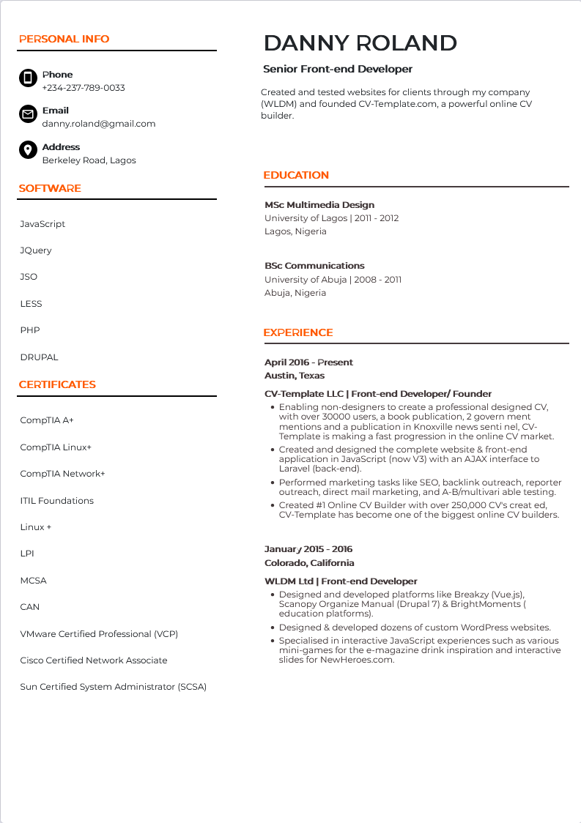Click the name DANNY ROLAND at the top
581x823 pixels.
click(360, 43)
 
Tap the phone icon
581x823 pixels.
click(28, 78)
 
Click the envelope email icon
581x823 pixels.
click(28, 114)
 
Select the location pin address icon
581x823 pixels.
click(28, 150)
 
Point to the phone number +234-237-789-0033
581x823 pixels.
click(84, 88)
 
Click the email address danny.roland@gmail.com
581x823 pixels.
click(99, 124)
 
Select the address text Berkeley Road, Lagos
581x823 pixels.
click(89, 160)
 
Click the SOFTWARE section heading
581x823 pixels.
click(50, 188)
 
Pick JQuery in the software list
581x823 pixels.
click(36, 250)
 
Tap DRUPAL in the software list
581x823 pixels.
click(39, 357)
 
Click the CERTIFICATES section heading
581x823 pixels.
click(57, 384)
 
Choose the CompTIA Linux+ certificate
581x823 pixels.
click(56, 447)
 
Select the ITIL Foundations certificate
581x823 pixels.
click(57, 501)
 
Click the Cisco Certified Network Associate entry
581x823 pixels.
click(94, 660)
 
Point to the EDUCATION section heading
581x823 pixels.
click(296, 175)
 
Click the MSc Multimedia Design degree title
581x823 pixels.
click(319, 205)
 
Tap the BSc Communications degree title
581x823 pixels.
click(314, 266)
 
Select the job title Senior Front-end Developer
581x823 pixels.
click(338, 69)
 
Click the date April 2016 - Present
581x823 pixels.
click(308, 362)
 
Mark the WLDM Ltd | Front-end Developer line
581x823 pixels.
click(341, 581)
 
